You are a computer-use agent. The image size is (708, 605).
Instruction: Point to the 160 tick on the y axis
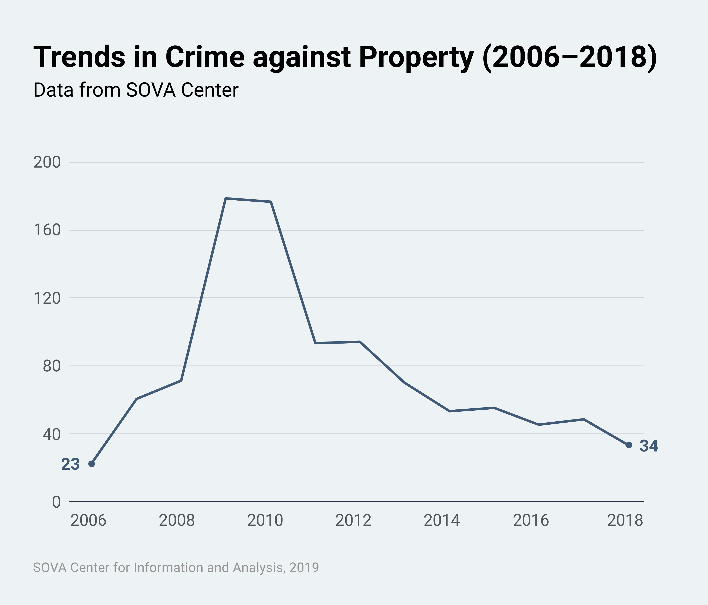(47, 230)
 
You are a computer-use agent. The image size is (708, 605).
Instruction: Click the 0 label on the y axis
(56, 502)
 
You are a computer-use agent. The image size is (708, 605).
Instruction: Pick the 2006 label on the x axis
(88, 521)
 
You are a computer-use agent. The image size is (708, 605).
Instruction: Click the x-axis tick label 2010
(265, 521)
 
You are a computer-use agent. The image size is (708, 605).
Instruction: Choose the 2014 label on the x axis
(442, 521)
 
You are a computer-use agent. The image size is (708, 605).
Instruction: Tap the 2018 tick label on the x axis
(625, 521)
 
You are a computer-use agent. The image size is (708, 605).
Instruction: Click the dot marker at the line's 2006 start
(92, 464)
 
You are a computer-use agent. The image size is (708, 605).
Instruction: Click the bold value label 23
(70, 464)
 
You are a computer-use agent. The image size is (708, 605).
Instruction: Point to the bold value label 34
(649, 446)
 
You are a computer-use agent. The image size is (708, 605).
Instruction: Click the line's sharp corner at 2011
(315, 343)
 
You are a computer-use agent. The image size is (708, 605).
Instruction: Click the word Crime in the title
(205, 57)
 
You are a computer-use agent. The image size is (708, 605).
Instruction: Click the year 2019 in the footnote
(304, 567)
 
